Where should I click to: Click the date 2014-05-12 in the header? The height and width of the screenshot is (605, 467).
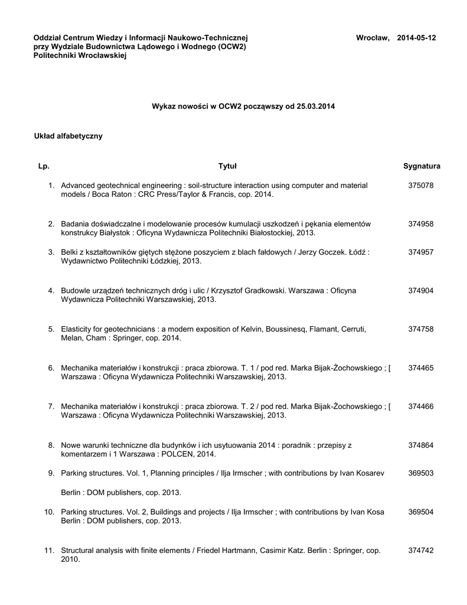coord(416,38)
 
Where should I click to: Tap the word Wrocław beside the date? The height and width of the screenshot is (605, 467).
coord(372,38)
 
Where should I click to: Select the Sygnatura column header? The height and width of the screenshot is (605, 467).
coord(422,166)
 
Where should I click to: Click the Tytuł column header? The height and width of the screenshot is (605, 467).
coord(227,166)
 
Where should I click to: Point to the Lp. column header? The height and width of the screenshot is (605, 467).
coord(44,166)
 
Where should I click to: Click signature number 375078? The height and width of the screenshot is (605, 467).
coord(421,186)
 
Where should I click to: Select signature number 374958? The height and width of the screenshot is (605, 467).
coord(421,224)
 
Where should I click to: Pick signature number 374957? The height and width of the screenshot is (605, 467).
coord(421,252)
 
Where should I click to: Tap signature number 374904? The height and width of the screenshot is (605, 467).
coord(421,291)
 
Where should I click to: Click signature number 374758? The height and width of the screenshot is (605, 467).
coord(421,329)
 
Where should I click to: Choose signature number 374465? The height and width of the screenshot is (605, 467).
coord(421,367)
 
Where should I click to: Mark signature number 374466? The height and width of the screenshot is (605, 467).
coord(421,406)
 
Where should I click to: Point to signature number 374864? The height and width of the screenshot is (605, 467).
coord(421,444)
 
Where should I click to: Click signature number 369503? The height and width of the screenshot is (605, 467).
coord(421,473)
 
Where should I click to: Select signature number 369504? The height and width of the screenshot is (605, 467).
coord(421,512)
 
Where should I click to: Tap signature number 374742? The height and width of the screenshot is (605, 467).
coord(421,550)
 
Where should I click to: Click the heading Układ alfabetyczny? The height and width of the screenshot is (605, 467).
coord(68,136)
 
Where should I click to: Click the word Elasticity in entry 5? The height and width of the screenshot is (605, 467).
coord(77,329)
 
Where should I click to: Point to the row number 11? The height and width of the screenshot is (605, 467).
coord(49,550)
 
